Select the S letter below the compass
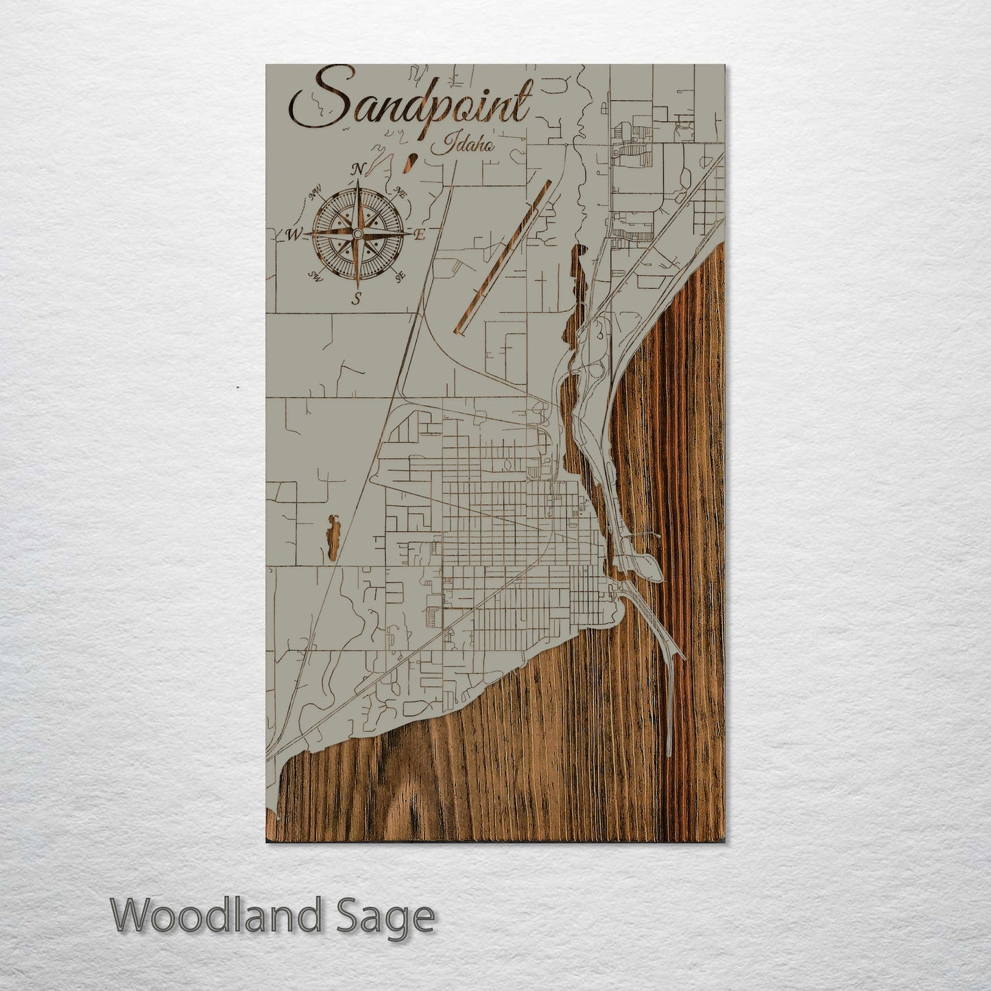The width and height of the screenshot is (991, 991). (x=356, y=298)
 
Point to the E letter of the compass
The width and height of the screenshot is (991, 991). (x=420, y=235)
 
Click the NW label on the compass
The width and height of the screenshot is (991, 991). (x=316, y=196)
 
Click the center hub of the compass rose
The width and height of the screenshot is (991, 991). (x=357, y=235)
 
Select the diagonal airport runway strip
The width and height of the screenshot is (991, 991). (x=504, y=257)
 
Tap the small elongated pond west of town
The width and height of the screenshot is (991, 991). (x=333, y=538)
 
